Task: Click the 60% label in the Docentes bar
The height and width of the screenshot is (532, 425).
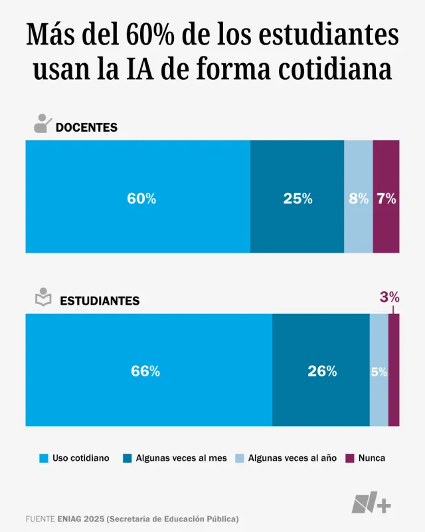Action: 141,198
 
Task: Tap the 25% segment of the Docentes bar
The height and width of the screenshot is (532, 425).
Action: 297,198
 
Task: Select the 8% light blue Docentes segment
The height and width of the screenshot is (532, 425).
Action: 359,198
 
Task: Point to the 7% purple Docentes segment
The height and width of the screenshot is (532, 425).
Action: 386,198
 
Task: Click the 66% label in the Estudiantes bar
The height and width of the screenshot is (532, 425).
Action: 145,372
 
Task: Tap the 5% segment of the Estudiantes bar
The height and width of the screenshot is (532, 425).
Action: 379,372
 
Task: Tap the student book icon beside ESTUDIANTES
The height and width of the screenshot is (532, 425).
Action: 42,298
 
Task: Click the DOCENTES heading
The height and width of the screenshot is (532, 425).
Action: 86,127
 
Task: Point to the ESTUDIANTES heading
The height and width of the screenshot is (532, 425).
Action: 100,301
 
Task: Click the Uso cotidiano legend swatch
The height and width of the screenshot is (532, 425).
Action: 44,458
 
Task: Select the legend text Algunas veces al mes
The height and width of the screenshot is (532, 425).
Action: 181,458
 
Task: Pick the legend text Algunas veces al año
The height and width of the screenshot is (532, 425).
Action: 292,458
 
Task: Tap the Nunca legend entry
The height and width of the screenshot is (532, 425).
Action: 371,458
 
